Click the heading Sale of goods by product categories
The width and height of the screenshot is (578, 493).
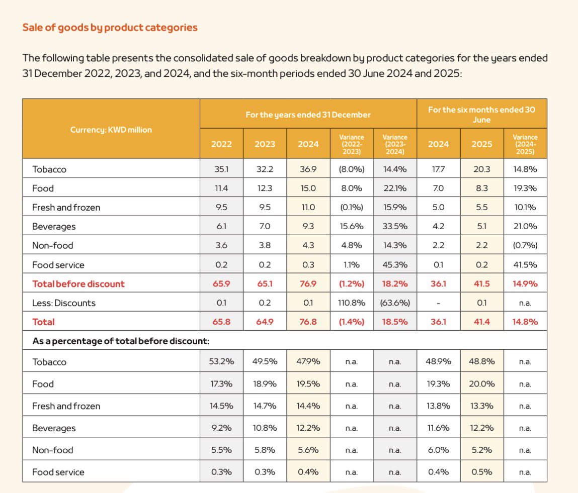click(110, 27)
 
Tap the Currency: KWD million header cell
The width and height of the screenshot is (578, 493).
click(111, 130)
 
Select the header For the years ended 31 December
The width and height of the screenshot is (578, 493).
click(308, 115)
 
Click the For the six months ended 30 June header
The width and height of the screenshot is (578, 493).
click(481, 114)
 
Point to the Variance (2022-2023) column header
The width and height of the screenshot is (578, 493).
click(352, 144)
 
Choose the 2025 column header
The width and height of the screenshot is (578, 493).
click(481, 144)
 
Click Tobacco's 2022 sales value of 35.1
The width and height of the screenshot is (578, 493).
click(221, 169)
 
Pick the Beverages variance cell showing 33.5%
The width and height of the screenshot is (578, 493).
click(395, 227)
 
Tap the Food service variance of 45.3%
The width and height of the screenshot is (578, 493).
click(395, 265)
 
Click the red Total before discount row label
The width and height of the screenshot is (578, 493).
click(78, 284)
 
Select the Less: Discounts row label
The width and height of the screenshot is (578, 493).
click(64, 303)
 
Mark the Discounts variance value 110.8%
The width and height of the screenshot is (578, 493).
click(352, 303)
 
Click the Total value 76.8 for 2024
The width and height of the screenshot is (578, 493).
click(308, 322)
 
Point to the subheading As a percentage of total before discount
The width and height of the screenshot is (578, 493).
click(121, 341)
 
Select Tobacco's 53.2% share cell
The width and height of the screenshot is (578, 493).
click(221, 362)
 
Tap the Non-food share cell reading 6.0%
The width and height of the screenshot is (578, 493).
click(438, 450)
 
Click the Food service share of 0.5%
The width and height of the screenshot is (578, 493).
click(481, 472)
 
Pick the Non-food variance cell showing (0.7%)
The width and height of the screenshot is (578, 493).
click(525, 246)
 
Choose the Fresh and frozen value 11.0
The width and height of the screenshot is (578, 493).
click(308, 208)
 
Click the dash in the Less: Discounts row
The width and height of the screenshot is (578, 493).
click(438, 303)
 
